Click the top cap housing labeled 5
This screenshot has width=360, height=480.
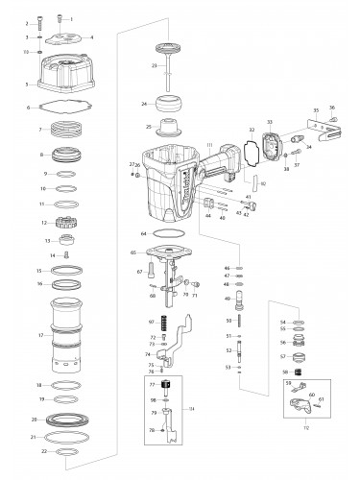(67, 76)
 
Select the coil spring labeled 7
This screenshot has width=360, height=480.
(67, 129)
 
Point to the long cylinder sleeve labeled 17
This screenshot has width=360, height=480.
(67, 336)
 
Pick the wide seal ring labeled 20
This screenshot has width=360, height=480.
(67, 420)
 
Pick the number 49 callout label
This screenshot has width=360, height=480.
(227, 299)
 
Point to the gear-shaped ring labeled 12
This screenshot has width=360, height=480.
(67, 222)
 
